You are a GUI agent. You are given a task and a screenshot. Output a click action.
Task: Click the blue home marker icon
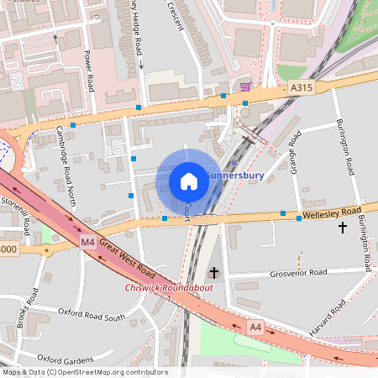coord(189,181)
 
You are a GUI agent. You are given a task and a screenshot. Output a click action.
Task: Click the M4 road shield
coord(88,243)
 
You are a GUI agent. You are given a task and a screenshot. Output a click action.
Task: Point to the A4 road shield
coord(255,327)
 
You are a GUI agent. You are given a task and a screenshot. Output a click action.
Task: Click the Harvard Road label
coord(326,318)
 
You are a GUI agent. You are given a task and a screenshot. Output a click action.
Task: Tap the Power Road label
coord(89,71)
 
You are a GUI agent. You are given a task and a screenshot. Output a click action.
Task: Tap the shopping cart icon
coord(244,86)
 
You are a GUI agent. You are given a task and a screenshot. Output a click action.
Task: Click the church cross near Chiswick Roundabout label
coord(214,273)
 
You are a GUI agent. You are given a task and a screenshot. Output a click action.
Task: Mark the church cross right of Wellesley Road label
coord(342,228)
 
